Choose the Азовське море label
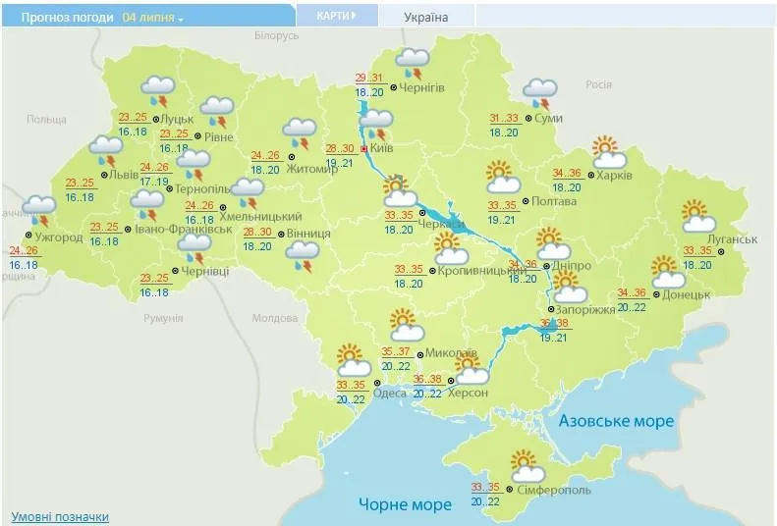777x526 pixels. tap(616, 421)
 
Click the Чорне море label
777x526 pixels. tap(405, 504)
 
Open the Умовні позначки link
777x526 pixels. tap(60, 516)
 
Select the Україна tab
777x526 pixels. tap(425, 18)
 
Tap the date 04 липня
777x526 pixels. tap(152, 18)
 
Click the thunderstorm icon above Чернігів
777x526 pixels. tap(411, 65)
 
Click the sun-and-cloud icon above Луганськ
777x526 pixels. tap(695, 217)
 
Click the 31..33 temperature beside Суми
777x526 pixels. tap(504, 119)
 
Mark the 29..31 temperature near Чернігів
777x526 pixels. tap(368, 79)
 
